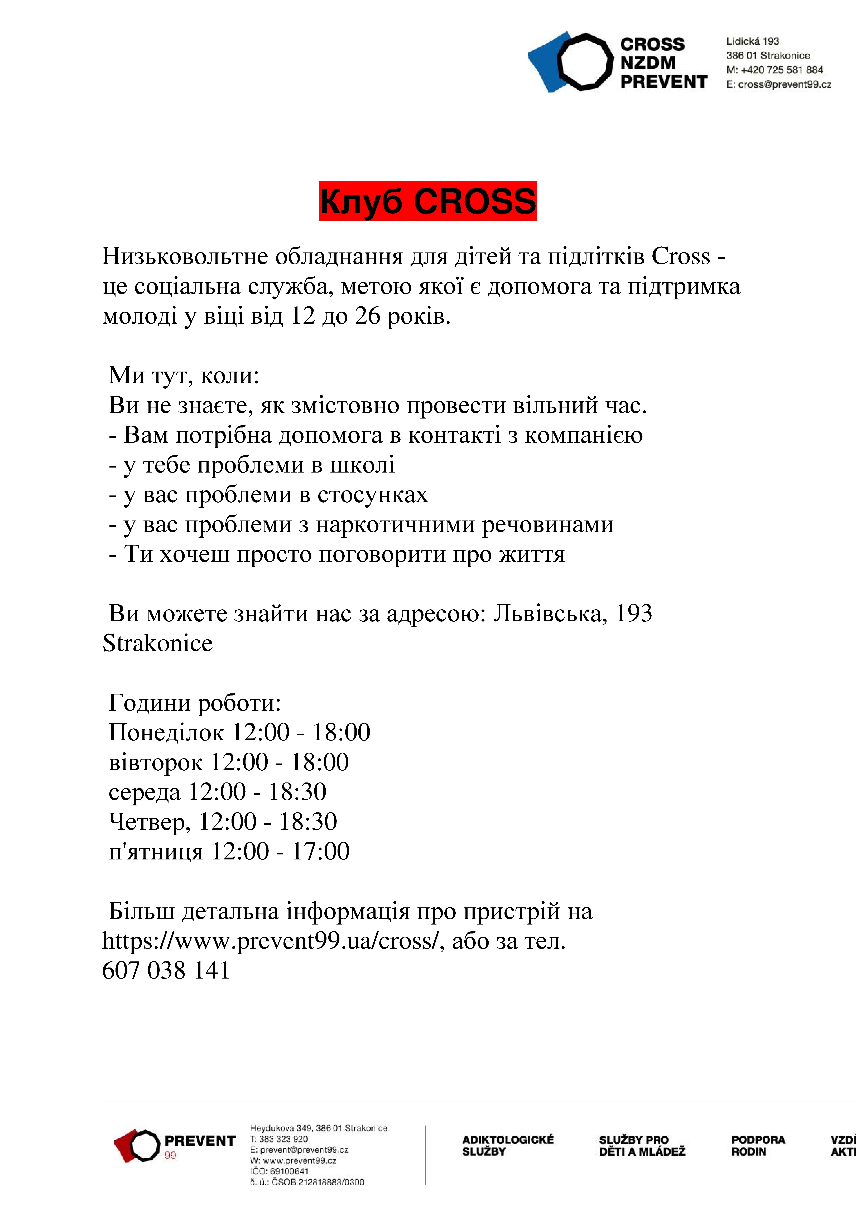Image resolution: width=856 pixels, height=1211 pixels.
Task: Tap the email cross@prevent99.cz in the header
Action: click(784, 84)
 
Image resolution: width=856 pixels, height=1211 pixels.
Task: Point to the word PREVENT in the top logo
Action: click(663, 82)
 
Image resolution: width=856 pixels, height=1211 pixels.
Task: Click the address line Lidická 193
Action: click(753, 41)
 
